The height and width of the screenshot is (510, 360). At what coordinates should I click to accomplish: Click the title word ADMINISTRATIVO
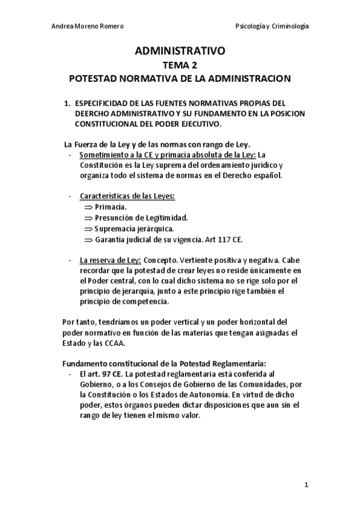(x=180, y=52)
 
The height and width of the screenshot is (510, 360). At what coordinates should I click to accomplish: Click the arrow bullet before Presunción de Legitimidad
(x=89, y=218)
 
